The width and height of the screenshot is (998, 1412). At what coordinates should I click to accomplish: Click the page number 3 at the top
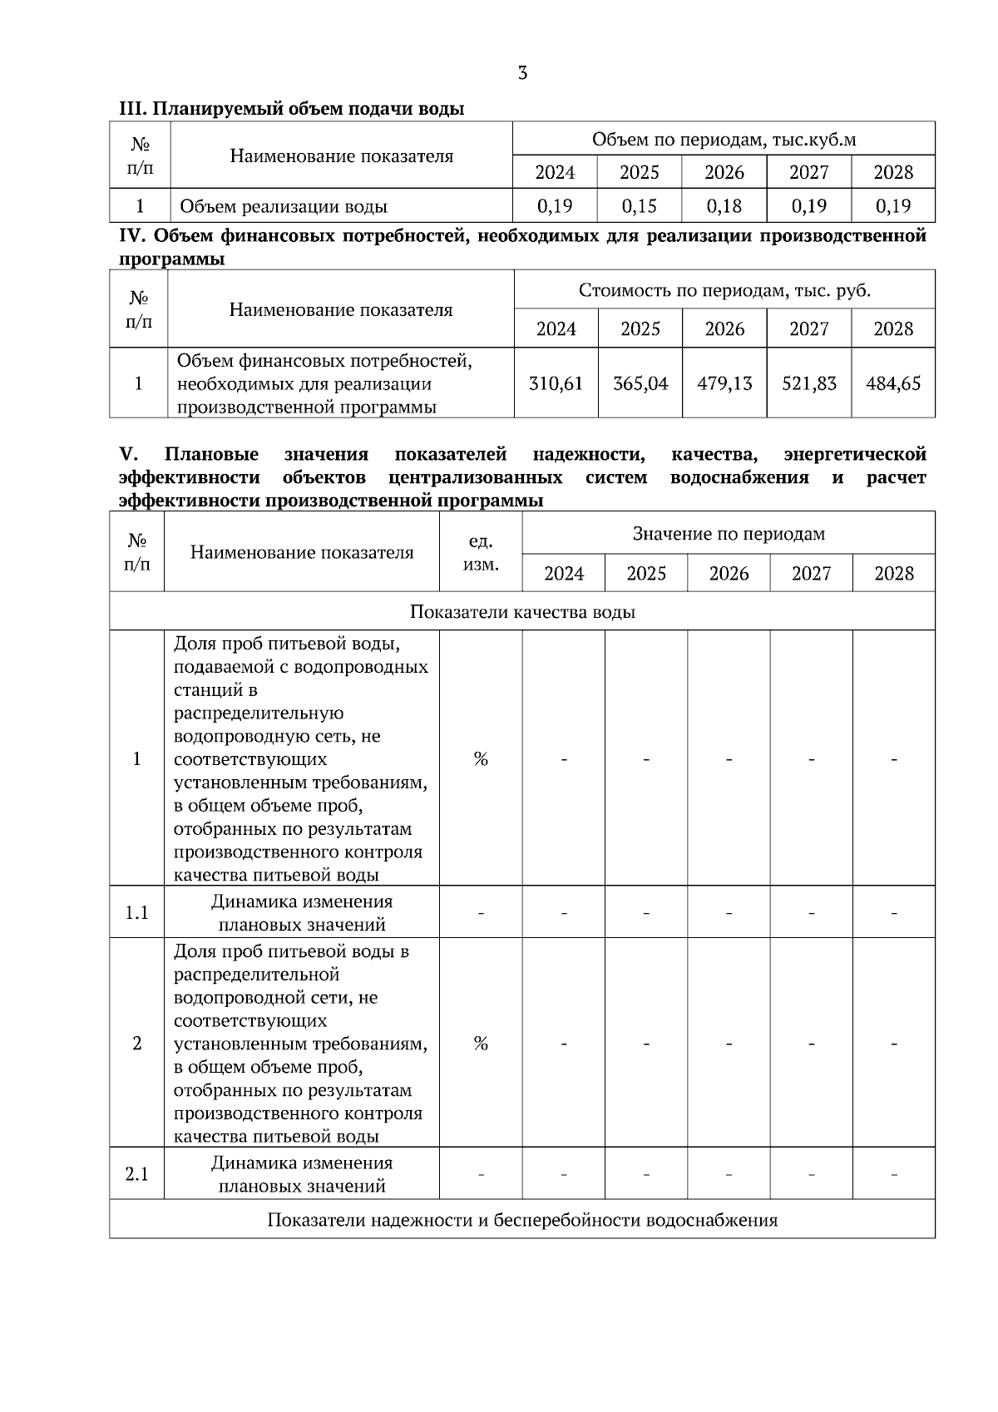point(522,73)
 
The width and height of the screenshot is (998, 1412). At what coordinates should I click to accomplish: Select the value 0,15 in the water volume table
point(639,205)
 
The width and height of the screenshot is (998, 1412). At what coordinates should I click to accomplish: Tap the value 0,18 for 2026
point(724,205)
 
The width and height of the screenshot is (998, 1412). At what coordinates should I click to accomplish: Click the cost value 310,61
point(556,383)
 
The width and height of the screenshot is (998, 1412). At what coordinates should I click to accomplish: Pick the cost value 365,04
point(640,383)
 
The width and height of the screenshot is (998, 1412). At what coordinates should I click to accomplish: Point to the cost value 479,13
point(724,383)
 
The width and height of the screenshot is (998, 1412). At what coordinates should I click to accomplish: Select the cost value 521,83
point(808,383)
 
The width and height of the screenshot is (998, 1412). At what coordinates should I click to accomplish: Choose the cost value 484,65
point(893,383)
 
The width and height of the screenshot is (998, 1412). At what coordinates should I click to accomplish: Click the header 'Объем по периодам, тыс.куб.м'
point(724,139)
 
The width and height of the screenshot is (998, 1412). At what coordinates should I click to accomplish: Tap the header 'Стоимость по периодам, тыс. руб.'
point(724,290)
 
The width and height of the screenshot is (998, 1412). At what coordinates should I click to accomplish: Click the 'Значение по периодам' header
point(729,534)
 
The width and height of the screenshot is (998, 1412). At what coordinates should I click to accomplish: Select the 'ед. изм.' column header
point(480,553)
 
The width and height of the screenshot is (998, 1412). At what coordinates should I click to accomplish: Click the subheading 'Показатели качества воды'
point(522,612)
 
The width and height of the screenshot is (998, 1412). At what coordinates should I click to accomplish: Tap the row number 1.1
point(136,913)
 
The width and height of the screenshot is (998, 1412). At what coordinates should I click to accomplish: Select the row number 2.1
point(136,1174)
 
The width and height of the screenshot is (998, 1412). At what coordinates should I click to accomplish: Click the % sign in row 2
point(480,1044)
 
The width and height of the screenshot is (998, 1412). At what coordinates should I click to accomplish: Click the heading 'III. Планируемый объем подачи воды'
point(292,109)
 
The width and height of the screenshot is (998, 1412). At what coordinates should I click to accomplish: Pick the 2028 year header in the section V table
point(893,574)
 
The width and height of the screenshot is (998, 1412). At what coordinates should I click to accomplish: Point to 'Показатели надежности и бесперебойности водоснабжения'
point(522,1221)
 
